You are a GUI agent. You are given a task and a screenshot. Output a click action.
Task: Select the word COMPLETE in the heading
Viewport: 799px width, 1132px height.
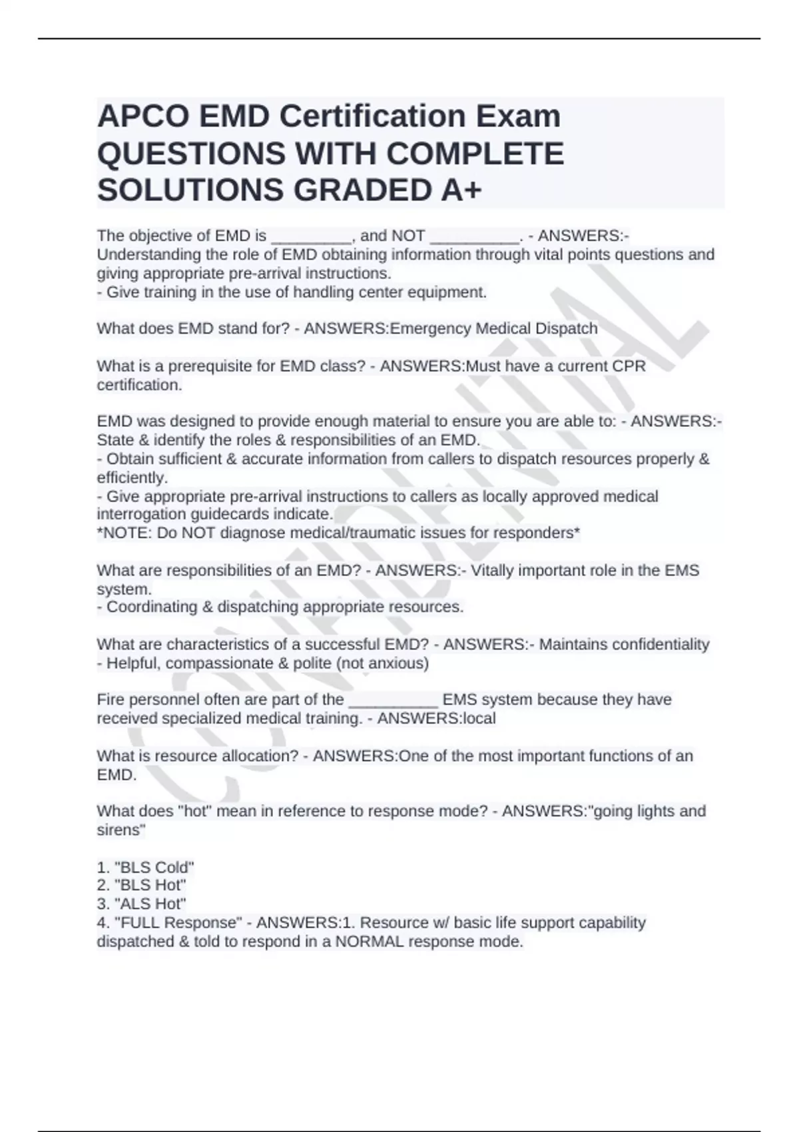point(475,154)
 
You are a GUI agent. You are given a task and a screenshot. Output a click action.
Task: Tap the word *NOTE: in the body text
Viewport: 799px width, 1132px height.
point(125,533)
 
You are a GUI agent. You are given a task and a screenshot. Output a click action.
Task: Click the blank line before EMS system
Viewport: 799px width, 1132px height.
point(394,701)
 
